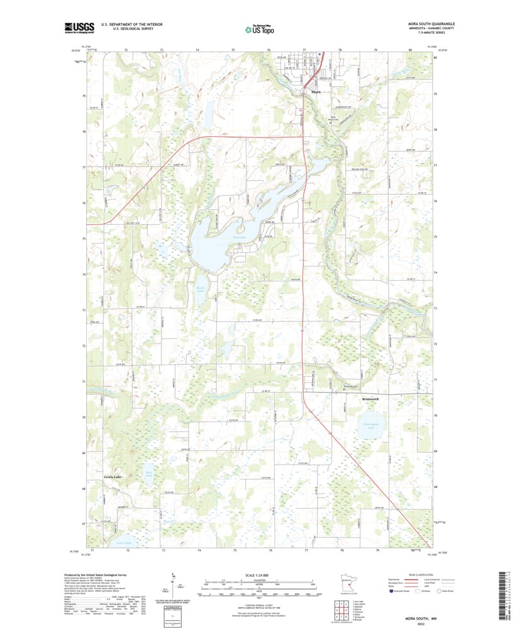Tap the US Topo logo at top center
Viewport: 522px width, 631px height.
pos(260,28)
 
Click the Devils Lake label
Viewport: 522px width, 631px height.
pos(200,289)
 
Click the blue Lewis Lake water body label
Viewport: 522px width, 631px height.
pos(124,542)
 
